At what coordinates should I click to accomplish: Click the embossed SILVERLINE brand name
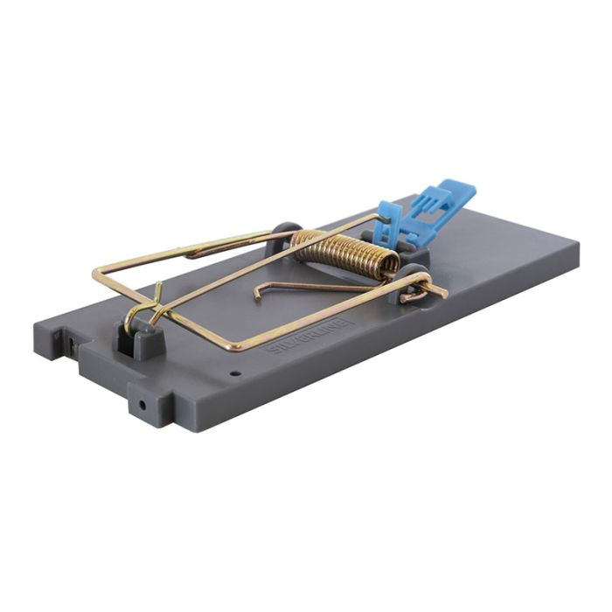pyautogui.click(x=307, y=336)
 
